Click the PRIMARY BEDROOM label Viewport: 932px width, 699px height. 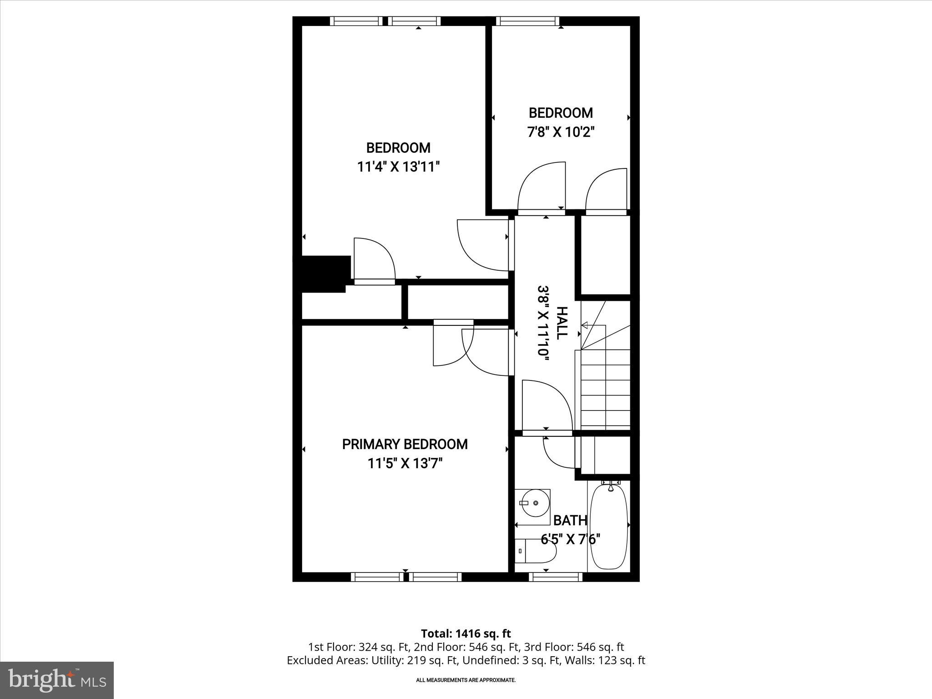pyautogui.click(x=405, y=444)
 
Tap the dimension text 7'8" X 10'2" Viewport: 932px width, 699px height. pyautogui.click(x=561, y=132)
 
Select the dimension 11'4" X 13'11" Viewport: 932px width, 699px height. pyautogui.click(x=398, y=167)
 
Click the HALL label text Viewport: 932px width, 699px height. pyautogui.click(x=562, y=322)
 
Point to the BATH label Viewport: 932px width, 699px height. pyautogui.click(x=570, y=520)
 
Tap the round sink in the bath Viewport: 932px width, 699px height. pyautogui.click(x=535, y=503)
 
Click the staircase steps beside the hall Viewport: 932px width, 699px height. pyautogui.click(x=605, y=389)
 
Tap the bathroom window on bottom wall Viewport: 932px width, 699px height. pyautogui.click(x=555, y=577)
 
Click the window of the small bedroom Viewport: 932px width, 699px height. pyautogui.click(x=527, y=21)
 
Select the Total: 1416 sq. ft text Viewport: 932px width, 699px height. pyautogui.click(x=466, y=633)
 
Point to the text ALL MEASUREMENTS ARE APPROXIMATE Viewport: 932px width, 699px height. pyautogui.click(x=466, y=680)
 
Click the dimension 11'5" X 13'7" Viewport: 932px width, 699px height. pyautogui.click(x=405, y=464)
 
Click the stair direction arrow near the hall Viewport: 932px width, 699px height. pyautogui.click(x=585, y=325)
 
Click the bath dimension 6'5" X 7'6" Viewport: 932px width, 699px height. pyautogui.click(x=570, y=539)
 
